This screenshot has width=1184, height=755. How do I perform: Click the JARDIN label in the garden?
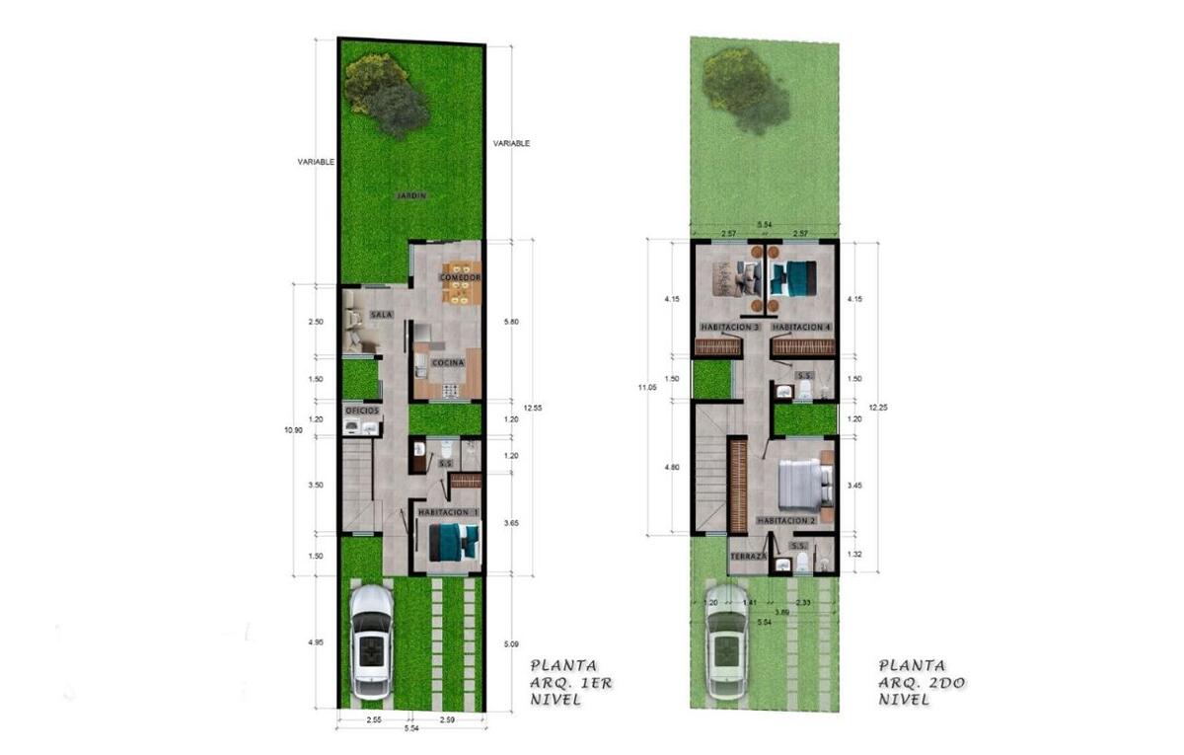(x=411, y=195)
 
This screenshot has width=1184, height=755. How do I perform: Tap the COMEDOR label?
(x=460, y=278)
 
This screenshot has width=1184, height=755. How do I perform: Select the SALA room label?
(x=382, y=314)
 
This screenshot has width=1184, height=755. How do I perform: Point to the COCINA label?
(x=446, y=363)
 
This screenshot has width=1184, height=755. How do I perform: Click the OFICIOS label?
(x=361, y=411)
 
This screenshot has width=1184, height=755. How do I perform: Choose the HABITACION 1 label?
(x=449, y=513)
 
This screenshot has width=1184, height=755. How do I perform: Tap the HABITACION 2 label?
(x=786, y=520)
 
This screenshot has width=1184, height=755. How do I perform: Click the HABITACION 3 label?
(x=728, y=327)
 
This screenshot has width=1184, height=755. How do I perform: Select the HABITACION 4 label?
(x=803, y=327)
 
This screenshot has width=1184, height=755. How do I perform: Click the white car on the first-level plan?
(x=370, y=642)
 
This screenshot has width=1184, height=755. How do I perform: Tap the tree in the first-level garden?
(x=386, y=95)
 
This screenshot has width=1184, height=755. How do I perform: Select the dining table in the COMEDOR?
(x=461, y=280)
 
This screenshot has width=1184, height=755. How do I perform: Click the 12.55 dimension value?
(x=534, y=406)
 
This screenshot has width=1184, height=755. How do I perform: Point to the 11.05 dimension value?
(x=646, y=388)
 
